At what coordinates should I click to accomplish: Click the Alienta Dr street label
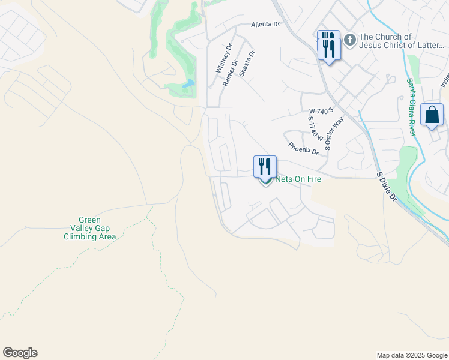point(265,25)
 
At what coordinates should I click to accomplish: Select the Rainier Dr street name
point(230,72)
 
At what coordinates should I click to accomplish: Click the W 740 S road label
point(321,112)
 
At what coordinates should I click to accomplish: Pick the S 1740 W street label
point(311,129)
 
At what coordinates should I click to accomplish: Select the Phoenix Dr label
point(303,148)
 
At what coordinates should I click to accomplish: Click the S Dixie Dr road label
point(386,187)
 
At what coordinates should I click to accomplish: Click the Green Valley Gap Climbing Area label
point(90,228)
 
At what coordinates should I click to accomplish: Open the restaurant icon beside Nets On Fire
point(265,166)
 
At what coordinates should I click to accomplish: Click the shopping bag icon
point(432,114)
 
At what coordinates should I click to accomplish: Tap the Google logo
point(20,353)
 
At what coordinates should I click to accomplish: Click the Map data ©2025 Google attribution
point(412,355)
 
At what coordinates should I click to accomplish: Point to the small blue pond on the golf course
point(189,84)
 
